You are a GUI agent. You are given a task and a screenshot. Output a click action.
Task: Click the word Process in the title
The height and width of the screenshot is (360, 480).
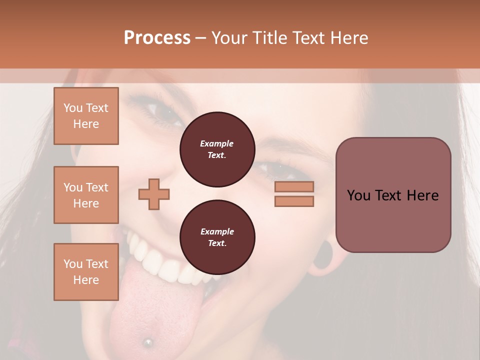[157, 37]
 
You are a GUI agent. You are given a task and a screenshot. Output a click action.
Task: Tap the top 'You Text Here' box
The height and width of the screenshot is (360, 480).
[86, 116]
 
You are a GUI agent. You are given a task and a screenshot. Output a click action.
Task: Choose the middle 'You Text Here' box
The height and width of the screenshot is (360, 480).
[86, 195]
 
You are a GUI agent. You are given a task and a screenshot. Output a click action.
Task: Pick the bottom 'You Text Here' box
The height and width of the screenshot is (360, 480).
[86, 272]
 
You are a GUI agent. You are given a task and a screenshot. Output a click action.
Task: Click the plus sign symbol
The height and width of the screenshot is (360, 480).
[154, 193]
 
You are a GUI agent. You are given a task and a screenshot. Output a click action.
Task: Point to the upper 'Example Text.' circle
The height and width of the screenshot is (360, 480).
[217, 149]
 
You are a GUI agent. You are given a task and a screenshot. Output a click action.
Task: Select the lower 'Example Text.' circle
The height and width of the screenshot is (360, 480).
[217, 237]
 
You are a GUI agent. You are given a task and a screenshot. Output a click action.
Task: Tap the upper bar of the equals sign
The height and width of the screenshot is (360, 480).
[294, 186]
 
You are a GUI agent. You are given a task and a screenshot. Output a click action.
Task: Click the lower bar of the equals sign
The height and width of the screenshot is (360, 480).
[294, 201]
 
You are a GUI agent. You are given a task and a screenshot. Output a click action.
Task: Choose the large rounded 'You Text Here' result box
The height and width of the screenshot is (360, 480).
[393, 195]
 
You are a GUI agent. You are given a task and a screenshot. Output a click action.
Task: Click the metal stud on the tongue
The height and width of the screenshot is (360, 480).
[147, 342]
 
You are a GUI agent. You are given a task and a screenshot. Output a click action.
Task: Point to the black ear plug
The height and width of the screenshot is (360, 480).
[325, 255]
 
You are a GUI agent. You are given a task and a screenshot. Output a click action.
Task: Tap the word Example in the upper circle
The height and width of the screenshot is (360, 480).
[217, 143]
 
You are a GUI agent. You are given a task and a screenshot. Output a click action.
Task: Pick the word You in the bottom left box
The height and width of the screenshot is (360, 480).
[73, 264]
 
